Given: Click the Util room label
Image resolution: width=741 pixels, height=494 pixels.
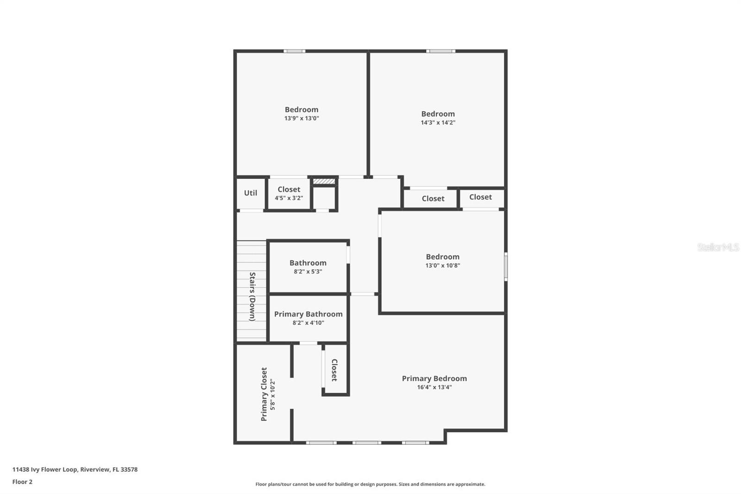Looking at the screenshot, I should pos(251,193).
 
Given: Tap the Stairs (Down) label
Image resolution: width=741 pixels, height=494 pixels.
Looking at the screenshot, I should pos(252,297).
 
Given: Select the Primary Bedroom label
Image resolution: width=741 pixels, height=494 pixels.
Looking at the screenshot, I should pos(434,378).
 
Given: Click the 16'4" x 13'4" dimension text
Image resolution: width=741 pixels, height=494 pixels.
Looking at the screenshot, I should pos(434,387).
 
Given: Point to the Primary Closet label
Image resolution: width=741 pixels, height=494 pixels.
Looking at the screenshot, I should pos(264,394).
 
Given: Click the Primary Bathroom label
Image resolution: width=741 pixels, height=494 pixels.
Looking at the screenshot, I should pos(308,314).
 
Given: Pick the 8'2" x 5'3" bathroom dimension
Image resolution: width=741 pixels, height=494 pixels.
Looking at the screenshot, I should pos(308,272).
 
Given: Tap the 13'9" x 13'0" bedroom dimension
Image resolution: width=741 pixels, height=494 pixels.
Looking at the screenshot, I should pos(301,118).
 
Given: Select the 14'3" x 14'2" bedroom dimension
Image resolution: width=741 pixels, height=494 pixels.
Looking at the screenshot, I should pos(438,122).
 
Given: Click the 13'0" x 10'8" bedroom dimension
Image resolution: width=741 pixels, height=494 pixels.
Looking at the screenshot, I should pos(442,266).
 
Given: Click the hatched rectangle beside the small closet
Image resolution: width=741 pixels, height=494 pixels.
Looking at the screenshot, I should pos(324,181).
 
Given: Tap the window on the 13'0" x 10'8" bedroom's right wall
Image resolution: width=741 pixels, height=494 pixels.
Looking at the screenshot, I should pos(506,266).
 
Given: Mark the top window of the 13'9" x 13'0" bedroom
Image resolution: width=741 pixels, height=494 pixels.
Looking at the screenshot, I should pos(294,51).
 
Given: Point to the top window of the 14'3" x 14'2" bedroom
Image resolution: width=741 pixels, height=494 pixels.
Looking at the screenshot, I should pos(440,51).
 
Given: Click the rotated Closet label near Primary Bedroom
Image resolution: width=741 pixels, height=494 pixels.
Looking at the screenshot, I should pos(334,370).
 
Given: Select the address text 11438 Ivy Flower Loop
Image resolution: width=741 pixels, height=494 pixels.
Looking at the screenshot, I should pos(75,469).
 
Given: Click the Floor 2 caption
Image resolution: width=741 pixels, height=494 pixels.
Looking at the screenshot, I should pos(22,482).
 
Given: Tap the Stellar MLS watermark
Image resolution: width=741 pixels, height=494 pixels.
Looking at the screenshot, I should pos(718,247).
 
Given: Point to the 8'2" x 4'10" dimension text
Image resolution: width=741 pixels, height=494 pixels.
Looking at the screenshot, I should pos(308,323).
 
